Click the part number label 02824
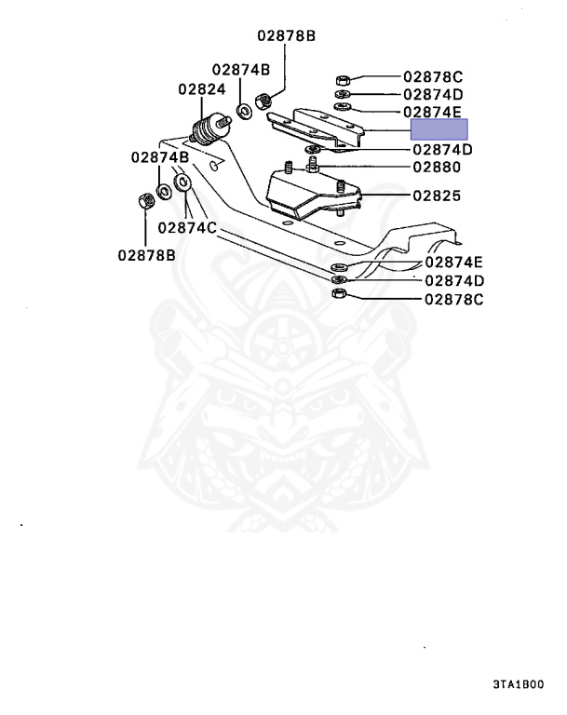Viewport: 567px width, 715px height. click(202, 89)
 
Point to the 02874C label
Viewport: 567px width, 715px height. click(186, 227)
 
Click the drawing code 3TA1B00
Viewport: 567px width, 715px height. click(518, 684)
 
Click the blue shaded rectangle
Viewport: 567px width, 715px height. click(440, 130)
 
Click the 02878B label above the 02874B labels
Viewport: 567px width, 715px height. click(286, 36)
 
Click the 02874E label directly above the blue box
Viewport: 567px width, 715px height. click(433, 112)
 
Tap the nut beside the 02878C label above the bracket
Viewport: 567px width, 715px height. click(342, 78)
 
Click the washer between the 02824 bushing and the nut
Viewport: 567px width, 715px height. click(244, 111)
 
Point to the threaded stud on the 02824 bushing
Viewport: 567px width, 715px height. click(225, 119)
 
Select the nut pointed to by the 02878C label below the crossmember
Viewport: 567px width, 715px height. click(340, 295)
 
